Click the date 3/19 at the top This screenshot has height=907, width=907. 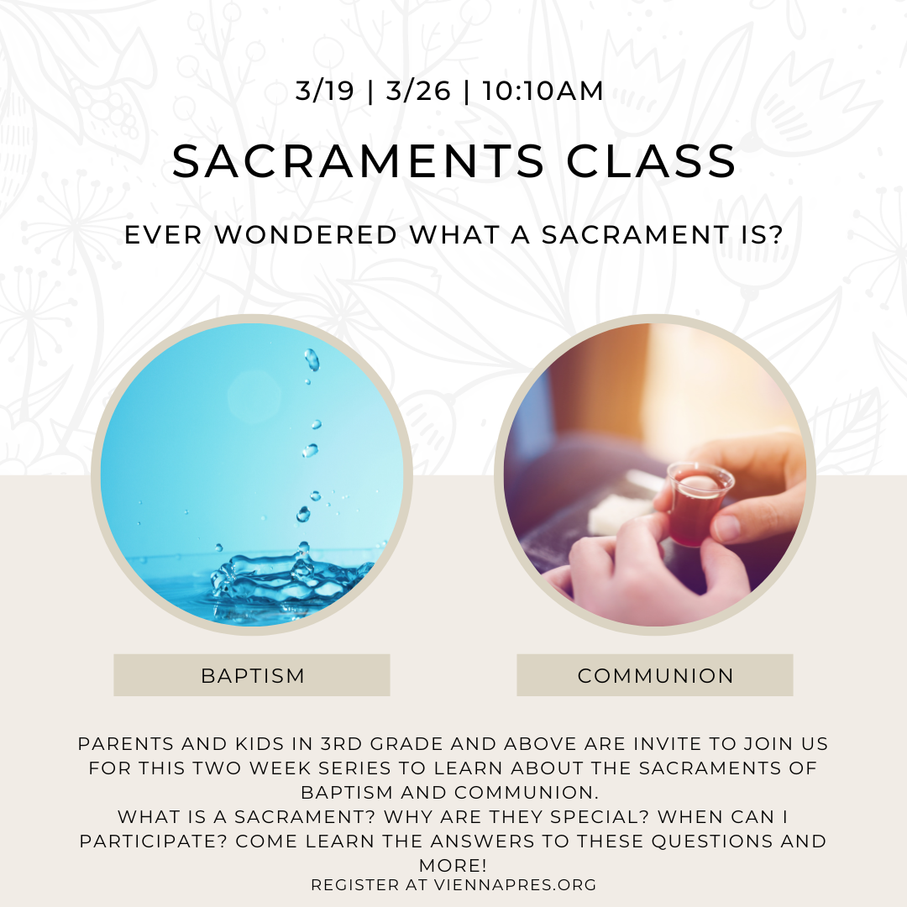tap(324, 91)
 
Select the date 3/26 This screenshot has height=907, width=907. tap(417, 91)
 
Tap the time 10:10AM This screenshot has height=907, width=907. tap(543, 91)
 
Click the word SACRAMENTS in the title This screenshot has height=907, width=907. tap(359, 160)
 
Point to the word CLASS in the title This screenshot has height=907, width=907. tap(651, 160)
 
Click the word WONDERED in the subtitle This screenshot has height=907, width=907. tap(306, 235)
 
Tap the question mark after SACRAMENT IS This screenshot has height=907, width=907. tap(776, 235)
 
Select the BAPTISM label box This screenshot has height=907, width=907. tap(252, 675)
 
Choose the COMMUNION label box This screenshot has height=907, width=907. tap(655, 675)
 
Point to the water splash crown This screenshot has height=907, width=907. tap(289, 579)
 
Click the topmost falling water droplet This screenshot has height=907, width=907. tap(312, 359)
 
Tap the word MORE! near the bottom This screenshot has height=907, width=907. tap(453, 865)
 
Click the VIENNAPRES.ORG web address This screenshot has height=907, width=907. tap(515, 885)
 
